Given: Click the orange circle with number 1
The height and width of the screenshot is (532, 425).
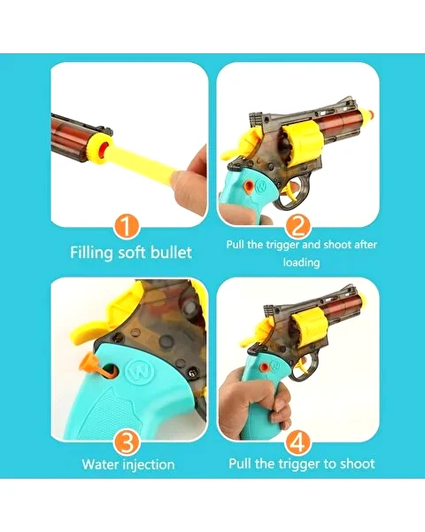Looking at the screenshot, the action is click(126, 225).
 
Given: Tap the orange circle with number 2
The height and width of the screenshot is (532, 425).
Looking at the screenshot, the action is click(298, 226).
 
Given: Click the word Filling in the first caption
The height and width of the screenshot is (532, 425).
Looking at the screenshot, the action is click(91, 253).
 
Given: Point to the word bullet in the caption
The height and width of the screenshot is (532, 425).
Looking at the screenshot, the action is click(171, 252).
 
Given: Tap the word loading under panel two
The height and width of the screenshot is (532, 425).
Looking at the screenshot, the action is click(301, 262).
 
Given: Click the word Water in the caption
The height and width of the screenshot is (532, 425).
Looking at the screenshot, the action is click(100, 464).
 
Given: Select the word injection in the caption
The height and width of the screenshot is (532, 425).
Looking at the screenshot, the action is click(149, 465).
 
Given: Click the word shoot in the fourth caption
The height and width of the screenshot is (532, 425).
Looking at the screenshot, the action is click(357, 464).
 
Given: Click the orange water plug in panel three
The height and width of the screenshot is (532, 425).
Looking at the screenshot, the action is click(96, 366).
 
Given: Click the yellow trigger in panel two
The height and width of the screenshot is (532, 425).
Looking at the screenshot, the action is click(290, 192).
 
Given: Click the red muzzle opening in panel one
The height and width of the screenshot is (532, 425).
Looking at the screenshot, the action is click(104, 149).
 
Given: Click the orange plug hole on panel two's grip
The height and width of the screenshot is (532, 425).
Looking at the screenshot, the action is click(249, 186).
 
